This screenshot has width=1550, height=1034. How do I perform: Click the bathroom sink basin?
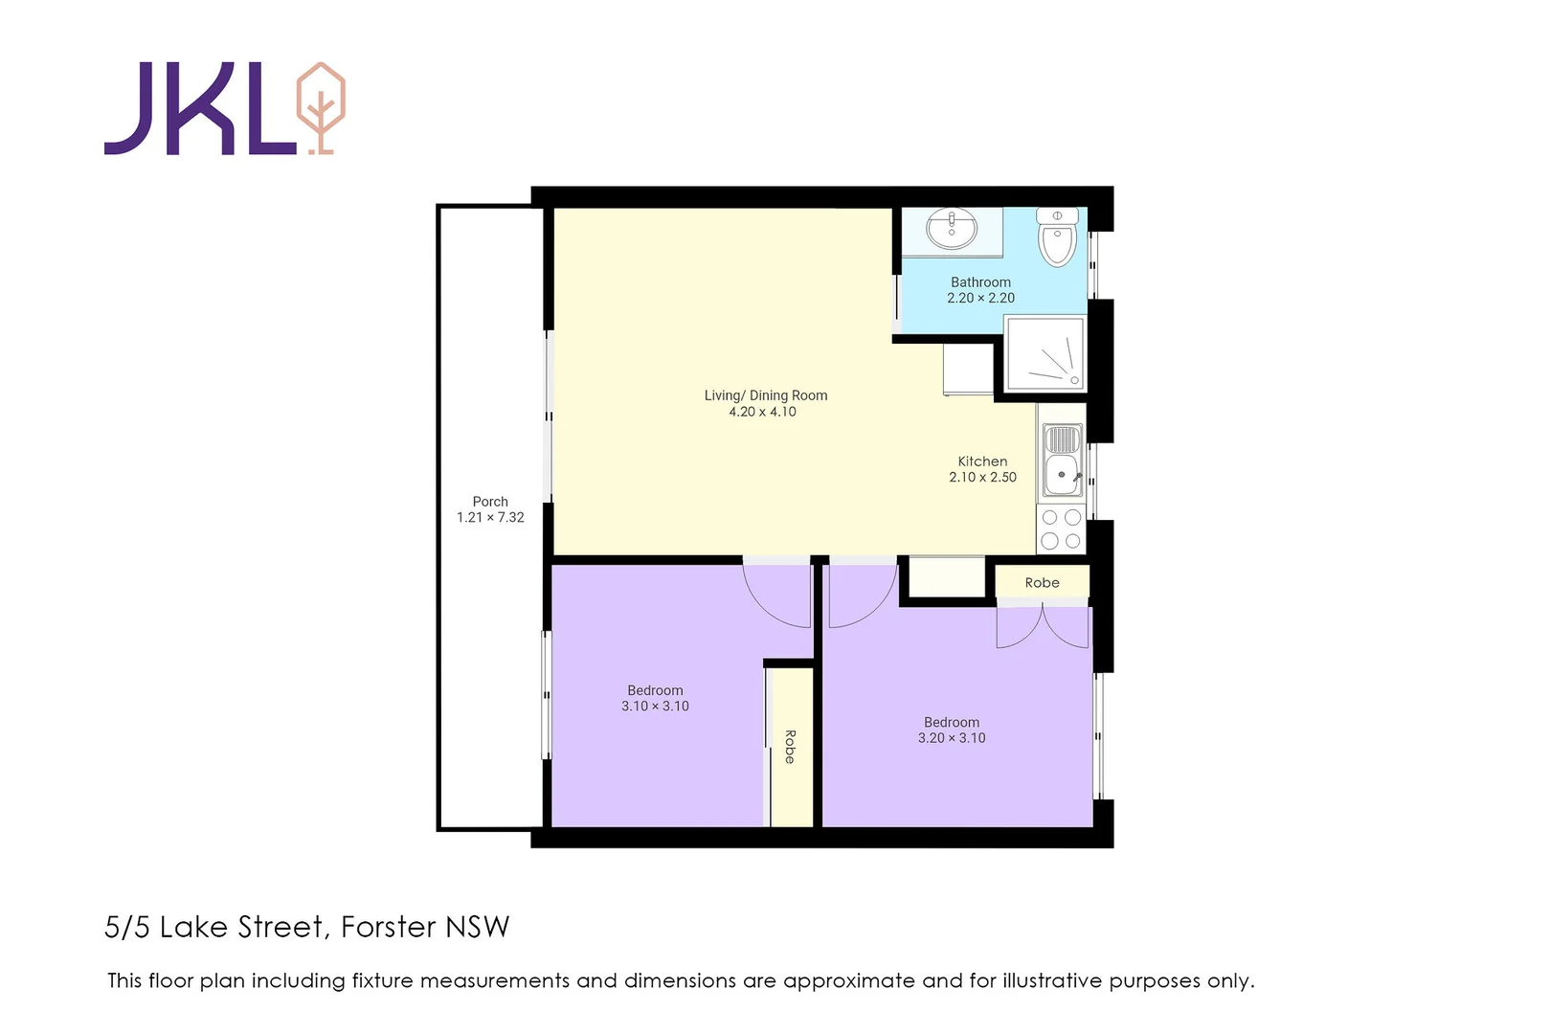pos(952,230)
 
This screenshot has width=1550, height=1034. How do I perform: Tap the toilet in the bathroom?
pos(1057,239)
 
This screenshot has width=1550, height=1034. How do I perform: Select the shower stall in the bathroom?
pos(1045,355)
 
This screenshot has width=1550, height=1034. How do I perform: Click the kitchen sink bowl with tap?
pos(1062,475)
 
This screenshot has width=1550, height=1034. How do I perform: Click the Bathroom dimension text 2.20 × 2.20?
pos(980,298)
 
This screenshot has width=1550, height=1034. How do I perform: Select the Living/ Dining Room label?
pos(765,395)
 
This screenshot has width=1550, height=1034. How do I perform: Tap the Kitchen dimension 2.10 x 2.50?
pos(982,477)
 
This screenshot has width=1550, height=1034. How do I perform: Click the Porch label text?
pos(490,502)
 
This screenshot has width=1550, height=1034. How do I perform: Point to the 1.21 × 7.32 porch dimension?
pos(490,518)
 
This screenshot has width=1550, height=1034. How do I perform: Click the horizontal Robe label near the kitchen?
pos(1042,582)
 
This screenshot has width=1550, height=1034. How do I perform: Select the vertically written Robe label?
pos(790,747)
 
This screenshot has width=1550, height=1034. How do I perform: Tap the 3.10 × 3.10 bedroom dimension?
pos(655,707)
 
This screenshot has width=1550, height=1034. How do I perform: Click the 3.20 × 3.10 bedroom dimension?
pos(952,738)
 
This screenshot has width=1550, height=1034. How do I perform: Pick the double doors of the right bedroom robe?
pos(1043,627)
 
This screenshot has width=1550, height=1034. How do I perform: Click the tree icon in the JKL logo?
pos(321,107)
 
